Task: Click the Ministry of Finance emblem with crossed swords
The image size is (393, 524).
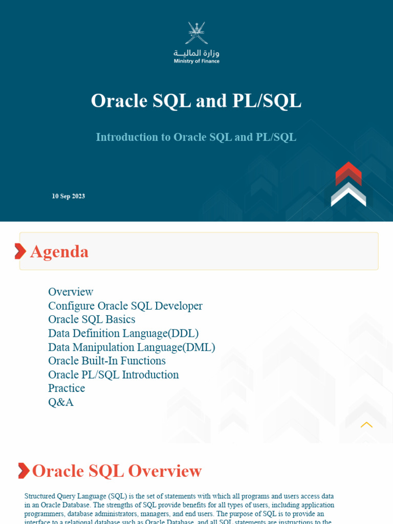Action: (196, 33)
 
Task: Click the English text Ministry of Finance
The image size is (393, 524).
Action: (196, 61)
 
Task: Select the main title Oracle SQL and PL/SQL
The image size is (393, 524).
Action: (196, 101)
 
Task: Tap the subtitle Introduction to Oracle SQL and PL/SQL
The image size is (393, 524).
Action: (196, 137)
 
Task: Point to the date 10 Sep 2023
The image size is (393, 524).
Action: (68, 196)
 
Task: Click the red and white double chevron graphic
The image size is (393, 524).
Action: (348, 184)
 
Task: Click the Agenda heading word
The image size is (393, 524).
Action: (59, 252)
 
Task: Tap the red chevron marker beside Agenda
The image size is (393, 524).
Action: (20, 251)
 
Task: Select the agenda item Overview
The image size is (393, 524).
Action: (71, 292)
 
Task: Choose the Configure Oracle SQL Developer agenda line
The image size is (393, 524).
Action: (125, 306)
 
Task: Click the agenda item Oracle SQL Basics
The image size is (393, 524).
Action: (92, 319)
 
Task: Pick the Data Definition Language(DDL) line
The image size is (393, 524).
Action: (123, 333)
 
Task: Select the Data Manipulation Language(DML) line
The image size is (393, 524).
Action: (132, 347)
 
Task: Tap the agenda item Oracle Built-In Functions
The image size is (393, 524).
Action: (107, 361)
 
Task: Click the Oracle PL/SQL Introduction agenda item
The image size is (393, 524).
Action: (114, 375)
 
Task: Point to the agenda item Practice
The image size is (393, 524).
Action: (67, 388)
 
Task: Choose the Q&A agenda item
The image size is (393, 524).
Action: (61, 402)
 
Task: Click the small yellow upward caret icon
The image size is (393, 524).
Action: (366, 425)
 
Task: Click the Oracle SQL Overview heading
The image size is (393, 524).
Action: (117, 471)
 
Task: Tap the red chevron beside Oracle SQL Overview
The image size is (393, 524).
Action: (24, 471)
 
